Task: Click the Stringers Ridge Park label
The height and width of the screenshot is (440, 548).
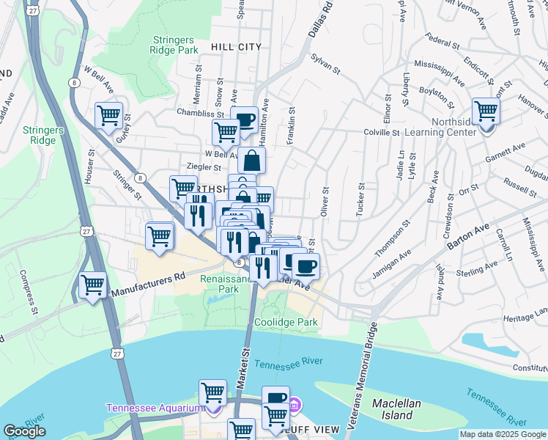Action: tap(176, 45)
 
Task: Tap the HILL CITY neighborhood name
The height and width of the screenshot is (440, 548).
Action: tap(236, 47)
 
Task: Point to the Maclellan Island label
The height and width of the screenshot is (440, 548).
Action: tap(399, 409)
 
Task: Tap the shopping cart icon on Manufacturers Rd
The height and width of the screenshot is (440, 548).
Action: tap(93, 285)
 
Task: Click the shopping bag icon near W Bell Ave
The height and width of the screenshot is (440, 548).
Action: tap(251, 159)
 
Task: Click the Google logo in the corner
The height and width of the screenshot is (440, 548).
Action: tap(24, 430)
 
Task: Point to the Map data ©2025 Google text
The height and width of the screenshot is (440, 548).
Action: tap(503, 434)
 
